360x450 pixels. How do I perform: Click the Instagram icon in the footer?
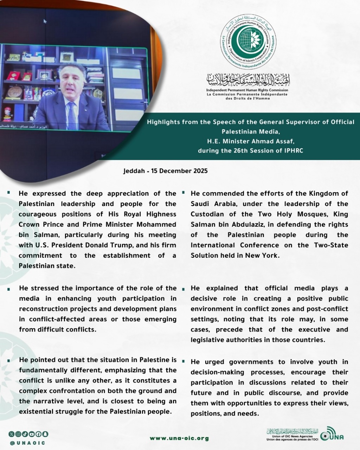pos(18,434)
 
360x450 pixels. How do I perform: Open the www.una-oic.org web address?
pos(179,438)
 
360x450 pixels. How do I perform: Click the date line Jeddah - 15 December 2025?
pos(166,171)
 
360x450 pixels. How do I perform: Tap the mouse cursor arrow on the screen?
pos(45,21)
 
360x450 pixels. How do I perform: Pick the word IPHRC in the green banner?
pos(293,150)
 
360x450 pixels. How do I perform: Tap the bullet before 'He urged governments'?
pos(184,361)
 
